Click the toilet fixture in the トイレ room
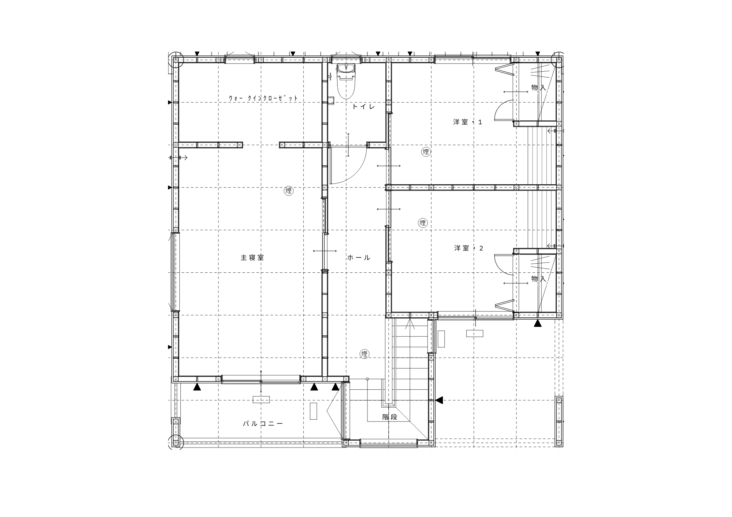(346, 81)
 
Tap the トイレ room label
(364, 107)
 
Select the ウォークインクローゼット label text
(263, 98)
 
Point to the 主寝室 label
(252, 257)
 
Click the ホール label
(359, 257)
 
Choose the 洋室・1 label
(468, 122)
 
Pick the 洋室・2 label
(469, 248)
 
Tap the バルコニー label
(263, 424)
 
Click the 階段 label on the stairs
(390, 417)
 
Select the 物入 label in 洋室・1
(539, 87)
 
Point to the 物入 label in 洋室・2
(539, 279)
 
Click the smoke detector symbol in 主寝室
(289, 190)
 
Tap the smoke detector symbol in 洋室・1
(426, 152)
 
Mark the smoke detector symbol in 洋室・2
(423, 223)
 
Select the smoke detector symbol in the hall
(365, 354)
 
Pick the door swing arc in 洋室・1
(499, 106)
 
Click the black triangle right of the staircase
(439, 400)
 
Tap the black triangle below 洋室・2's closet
(538, 323)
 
